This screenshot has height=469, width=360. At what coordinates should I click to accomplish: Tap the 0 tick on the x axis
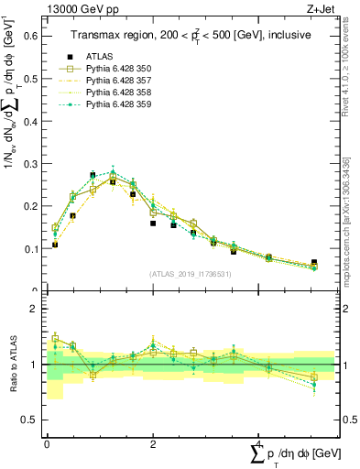[x=47, y=442]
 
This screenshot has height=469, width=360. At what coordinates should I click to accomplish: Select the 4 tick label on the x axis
[x=259, y=442]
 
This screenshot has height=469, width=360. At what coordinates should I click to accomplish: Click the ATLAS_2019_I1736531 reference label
[x=191, y=274]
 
